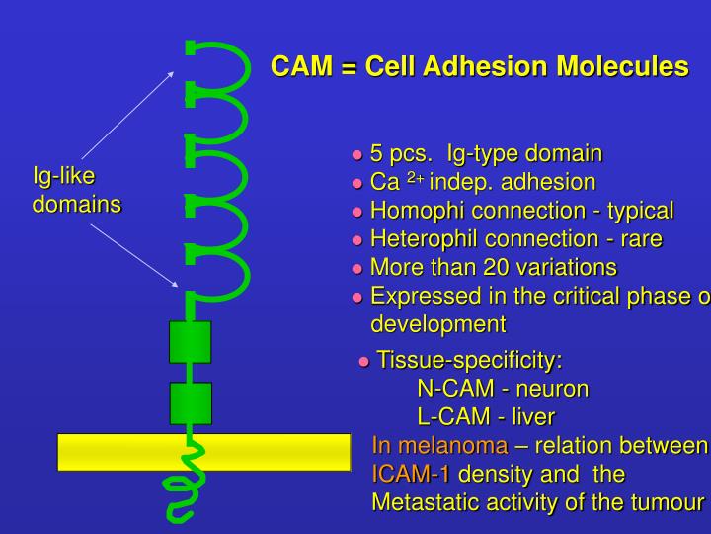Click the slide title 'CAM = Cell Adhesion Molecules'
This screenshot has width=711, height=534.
point(480,66)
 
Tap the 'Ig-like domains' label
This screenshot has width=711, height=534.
point(76,191)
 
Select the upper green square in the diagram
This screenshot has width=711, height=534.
point(191,341)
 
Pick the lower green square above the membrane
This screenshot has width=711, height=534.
point(191,402)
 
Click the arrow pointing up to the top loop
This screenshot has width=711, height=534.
point(128,114)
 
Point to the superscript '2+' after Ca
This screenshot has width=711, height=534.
point(415,178)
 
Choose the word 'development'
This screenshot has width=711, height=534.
point(437,324)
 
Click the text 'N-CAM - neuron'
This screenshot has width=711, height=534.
point(503,388)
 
